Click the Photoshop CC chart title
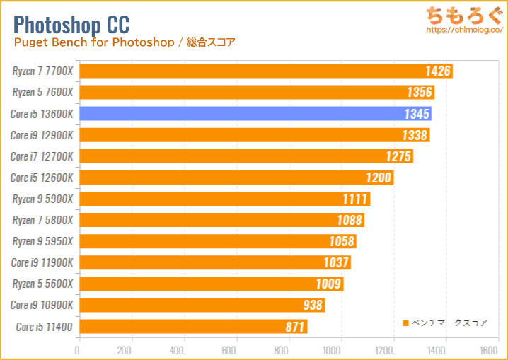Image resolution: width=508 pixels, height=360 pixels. [71, 24]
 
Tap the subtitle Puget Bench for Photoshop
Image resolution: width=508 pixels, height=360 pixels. [93, 42]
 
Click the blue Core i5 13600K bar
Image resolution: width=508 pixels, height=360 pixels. [255, 114]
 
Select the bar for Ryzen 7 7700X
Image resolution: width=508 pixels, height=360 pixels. [265, 71]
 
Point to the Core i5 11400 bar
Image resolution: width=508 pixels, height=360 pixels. [192, 327]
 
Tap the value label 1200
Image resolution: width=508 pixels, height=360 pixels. [379, 178]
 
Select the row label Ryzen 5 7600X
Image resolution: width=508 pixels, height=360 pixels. [42, 93]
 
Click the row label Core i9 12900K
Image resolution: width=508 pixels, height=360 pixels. [42, 135]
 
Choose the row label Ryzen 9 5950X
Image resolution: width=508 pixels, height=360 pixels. [42, 241]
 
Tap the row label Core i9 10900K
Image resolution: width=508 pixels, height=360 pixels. [42, 306]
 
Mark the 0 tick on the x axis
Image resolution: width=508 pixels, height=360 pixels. [78, 350]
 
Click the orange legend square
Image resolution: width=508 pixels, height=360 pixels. [405, 323]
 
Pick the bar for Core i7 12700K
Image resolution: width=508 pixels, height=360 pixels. [246, 156]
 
